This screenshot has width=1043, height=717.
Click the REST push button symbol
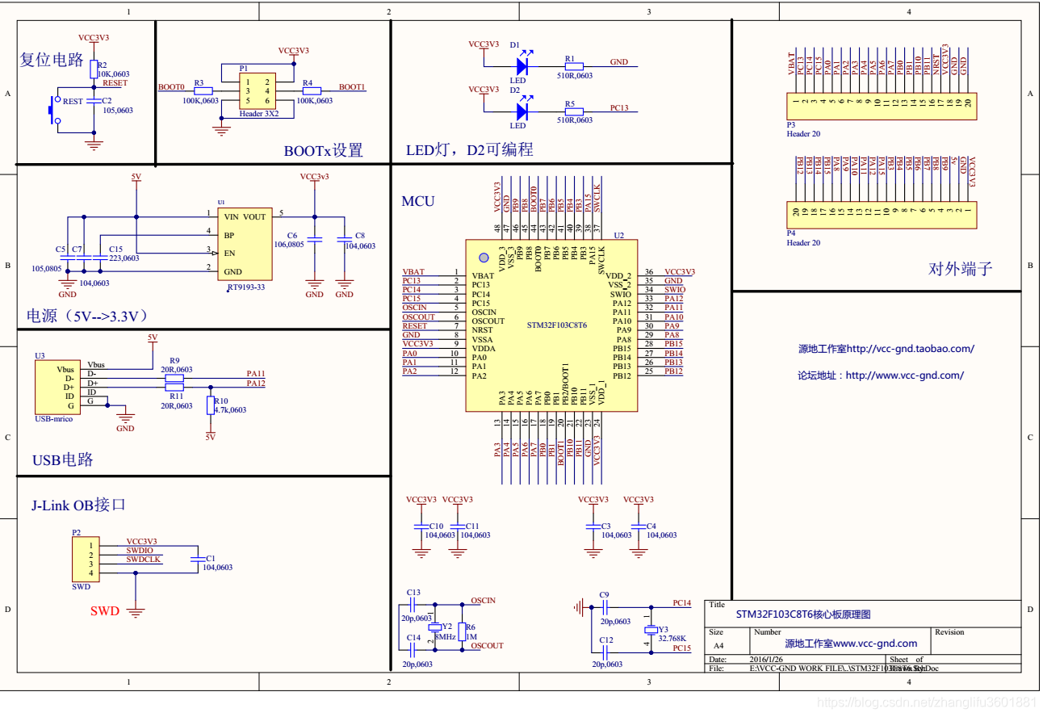click(55, 110)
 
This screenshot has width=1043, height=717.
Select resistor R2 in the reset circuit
click(94, 68)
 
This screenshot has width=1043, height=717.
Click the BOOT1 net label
click(351, 86)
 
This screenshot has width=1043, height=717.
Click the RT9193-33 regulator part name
click(245, 287)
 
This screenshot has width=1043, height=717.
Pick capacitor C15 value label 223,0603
click(124, 258)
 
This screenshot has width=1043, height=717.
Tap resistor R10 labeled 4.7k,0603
click(211, 405)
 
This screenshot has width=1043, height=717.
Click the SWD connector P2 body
click(84, 559)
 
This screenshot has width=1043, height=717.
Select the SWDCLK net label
click(143, 559)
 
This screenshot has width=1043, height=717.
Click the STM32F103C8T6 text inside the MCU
click(556, 325)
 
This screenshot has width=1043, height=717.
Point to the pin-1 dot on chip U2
click(484, 258)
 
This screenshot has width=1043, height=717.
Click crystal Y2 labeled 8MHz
click(435, 627)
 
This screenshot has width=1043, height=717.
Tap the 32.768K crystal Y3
click(651, 630)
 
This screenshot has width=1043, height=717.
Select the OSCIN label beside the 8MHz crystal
click(483, 601)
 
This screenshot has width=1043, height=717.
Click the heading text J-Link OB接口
click(78, 505)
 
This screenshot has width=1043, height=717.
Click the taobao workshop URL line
click(886, 349)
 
